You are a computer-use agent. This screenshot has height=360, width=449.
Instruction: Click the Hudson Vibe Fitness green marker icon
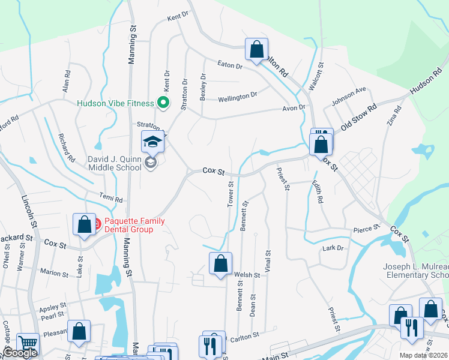pyautogui.click(x=162, y=102)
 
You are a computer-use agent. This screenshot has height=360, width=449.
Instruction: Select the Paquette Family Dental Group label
pyautogui.click(x=134, y=225)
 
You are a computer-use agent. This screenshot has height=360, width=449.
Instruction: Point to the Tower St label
pyautogui.click(x=231, y=196)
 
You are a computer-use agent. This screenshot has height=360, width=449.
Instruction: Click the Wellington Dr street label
pyautogui.click(x=237, y=96)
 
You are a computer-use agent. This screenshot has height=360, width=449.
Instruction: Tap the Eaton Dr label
pyautogui.click(x=230, y=65)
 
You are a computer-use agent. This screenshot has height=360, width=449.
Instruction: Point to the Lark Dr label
pyautogui.click(x=333, y=247)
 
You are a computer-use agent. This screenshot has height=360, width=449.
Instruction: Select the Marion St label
pyautogui.click(x=53, y=274)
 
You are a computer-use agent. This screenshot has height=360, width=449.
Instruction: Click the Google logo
pyautogui.click(x=20, y=353)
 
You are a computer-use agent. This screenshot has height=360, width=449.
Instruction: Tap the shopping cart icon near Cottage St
pyautogui.click(x=28, y=343)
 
